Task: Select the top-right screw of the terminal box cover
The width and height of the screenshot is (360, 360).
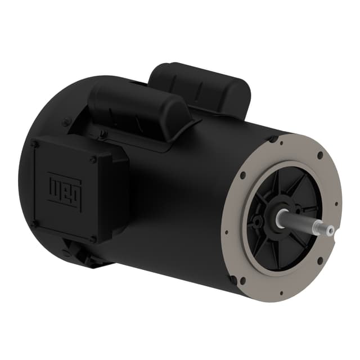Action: (93, 159)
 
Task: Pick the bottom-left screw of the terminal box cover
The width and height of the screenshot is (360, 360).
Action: (33, 224)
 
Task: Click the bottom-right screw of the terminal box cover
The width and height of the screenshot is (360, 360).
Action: (93, 238)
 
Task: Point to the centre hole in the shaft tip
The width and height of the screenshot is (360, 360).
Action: (331, 229)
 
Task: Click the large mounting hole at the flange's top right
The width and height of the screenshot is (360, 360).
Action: (320, 155)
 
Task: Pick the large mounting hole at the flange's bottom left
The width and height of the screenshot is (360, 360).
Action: (242, 280)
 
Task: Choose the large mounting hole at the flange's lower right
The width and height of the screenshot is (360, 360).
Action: (320, 260)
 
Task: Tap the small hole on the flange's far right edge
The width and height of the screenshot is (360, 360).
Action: (336, 205)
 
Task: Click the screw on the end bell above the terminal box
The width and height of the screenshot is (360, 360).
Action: (67, 121)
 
